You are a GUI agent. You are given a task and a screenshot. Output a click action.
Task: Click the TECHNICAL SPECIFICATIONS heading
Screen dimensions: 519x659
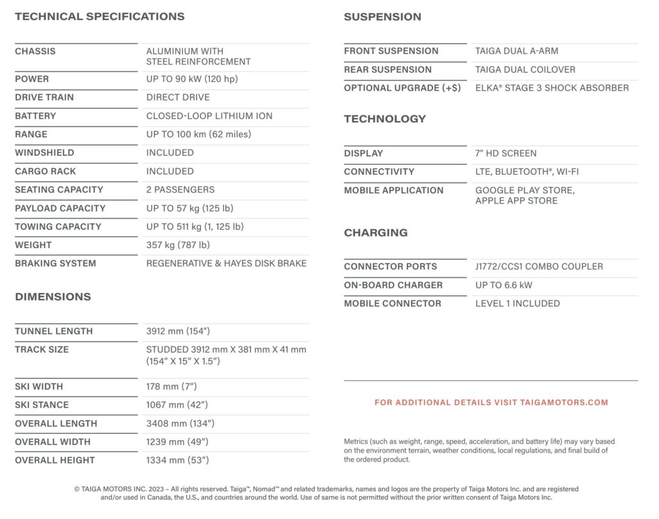click(100, 17)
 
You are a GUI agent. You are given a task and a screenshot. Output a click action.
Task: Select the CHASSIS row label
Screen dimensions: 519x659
click(35, 52)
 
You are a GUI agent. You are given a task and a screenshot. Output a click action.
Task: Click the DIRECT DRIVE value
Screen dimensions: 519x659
click(178, 97)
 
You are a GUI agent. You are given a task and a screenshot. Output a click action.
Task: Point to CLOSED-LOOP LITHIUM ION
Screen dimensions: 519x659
click(209, 116)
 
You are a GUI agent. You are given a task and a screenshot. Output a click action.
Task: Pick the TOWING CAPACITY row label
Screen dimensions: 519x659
click(58, 227)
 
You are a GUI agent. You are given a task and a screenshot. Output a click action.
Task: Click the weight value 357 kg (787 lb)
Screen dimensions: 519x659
click(178, 245)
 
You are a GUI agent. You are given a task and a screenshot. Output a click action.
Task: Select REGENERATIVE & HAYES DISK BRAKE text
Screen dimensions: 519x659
click(227, 263)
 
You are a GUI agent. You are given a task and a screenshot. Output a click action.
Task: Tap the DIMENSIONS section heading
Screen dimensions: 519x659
click(53, 297)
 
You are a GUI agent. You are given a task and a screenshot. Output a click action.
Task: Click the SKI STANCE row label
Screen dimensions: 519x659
click(42, 405)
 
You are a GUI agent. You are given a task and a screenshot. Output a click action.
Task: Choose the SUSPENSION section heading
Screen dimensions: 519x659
click(382, 17)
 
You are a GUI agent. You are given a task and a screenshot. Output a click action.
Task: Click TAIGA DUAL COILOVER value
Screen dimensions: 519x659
click(525, 70)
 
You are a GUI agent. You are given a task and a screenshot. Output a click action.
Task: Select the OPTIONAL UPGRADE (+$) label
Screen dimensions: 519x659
click(402, 88)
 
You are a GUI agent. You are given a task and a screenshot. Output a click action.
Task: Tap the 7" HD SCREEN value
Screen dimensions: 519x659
click(506, 153)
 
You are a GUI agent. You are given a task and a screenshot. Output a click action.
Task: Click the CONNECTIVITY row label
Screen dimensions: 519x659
click(379, 172)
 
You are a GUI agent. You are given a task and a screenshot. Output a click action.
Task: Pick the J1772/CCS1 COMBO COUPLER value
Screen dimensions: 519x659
click(539, 267)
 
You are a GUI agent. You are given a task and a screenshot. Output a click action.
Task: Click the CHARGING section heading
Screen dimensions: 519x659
click(376, 232)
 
